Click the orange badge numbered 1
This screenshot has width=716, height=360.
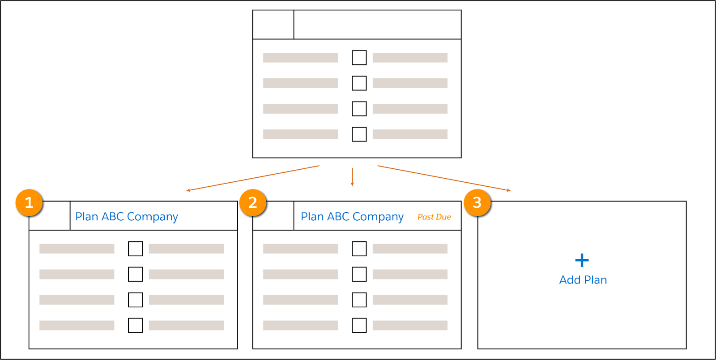click(x=29, y=203)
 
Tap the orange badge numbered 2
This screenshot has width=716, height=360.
click(x=253, y=203)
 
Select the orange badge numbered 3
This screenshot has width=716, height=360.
click(x=477, y=203)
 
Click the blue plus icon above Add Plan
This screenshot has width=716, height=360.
click(x=582, y=260)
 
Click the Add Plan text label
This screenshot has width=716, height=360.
click(x=583, y=280)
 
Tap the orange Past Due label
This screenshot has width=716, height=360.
click(x=434, y=217)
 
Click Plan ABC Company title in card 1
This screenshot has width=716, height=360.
click(x=127, y=217)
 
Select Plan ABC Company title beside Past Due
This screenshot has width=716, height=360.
click(x=352, y=217)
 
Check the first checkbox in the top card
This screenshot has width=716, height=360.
click(x=359, y=58)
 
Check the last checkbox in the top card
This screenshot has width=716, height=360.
click(x=359, y=134)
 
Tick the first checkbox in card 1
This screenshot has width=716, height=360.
click(x=135, y=249)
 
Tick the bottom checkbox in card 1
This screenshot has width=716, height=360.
click(x=135, y=325)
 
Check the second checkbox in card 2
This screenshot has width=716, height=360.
click(x=359, y=274)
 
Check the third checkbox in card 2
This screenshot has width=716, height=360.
click(x=359, y=300)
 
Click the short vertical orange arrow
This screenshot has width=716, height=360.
click(x=352, y=177)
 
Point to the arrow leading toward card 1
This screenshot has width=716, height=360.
click(x=253, y=178)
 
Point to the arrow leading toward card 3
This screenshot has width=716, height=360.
click(x=444, y=178)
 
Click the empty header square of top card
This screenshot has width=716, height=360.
click(x=273, y=25)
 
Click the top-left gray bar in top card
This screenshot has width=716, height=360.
click(x=300, y=58)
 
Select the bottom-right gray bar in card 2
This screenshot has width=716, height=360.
click(x=410, y=325)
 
